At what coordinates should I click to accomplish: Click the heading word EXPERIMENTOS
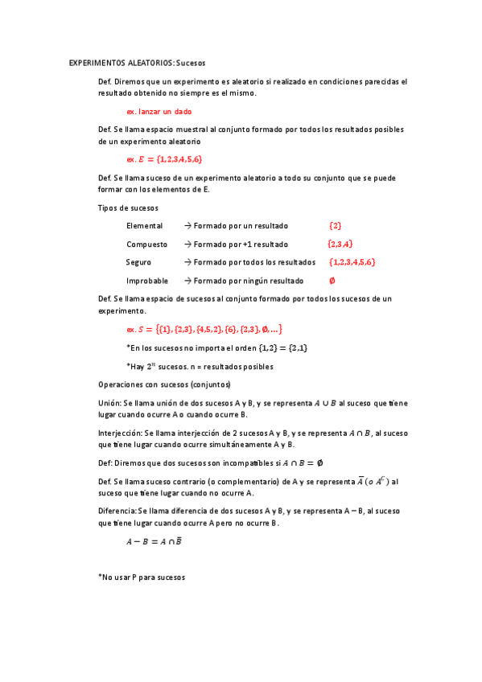[x=97, y=63]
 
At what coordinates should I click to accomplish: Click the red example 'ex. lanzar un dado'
[x=159, y=111]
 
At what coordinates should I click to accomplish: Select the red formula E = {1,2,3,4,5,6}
[x=164, y=158]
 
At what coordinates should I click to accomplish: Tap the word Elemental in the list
[x=144, y=226]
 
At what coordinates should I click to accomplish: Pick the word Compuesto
[x=146, y=244]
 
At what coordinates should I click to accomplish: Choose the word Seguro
[x=138, y=262]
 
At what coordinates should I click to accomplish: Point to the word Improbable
[x=147, y=281]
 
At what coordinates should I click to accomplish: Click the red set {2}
[x=336, y=226]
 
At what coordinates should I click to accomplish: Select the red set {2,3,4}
[x=340, y=244]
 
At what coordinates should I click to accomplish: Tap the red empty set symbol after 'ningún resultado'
[x=332, y=281]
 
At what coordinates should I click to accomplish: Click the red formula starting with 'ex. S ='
[x=204, y=329]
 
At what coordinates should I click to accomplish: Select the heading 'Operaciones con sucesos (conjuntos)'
[x=164, y=384]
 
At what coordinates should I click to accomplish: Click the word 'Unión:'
[x=109, y=402]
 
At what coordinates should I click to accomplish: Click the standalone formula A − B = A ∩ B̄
[x=154, y=541]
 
